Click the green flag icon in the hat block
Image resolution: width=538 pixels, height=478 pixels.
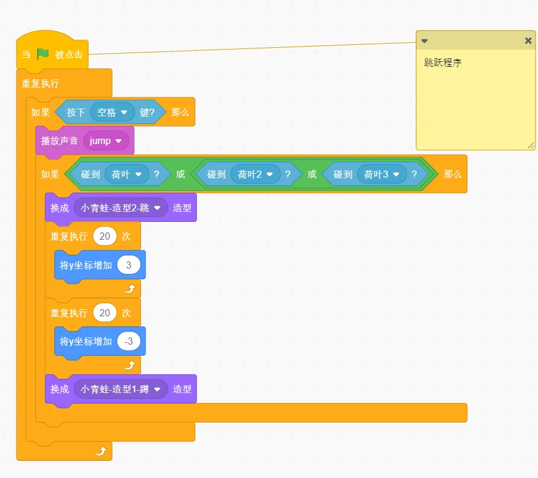43,54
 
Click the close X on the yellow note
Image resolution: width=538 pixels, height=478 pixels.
528,41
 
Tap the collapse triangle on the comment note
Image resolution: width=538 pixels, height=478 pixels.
424,41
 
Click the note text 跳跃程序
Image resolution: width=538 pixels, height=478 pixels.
442,63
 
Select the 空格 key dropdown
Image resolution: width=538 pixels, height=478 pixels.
112,112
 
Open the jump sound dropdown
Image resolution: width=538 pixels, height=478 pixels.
106,140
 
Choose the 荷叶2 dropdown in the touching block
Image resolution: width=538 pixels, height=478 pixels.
255,174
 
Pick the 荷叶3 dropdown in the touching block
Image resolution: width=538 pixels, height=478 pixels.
382,174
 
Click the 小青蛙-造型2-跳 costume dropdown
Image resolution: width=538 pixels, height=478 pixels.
120,208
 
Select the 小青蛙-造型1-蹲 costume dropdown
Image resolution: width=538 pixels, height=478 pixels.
120,389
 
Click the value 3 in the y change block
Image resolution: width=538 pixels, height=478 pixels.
129,265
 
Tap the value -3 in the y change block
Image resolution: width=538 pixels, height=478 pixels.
129,342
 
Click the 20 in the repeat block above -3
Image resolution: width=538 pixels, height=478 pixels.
104,313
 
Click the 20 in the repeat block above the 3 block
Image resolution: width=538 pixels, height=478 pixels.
104,236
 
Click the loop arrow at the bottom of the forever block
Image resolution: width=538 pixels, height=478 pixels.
101,450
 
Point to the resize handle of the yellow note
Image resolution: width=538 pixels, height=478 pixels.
531,146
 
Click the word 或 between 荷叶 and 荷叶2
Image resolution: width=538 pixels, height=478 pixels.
181,174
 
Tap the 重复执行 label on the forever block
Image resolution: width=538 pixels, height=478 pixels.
41,83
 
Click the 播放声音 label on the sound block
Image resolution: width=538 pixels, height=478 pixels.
60,140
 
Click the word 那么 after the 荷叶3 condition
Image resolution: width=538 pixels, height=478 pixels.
452,174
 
